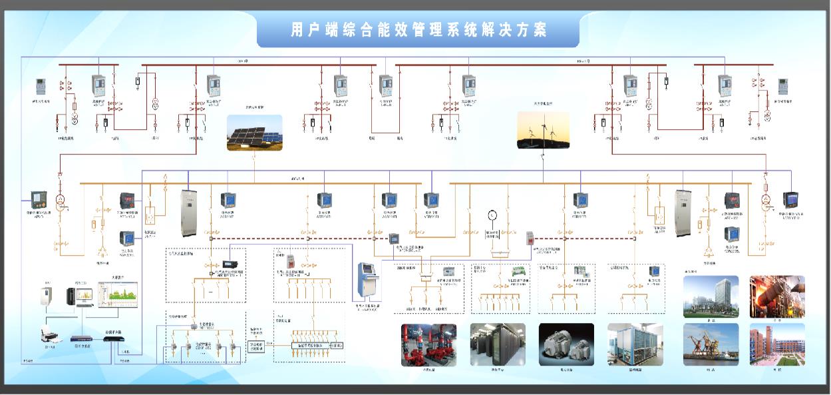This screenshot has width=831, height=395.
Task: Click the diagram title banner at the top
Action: point(418,31)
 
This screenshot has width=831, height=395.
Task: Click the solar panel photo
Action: point(254,132)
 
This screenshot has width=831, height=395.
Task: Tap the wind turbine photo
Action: point(543,130)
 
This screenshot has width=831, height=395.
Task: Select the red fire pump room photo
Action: point(428,345)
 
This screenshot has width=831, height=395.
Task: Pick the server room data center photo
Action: point(498,345)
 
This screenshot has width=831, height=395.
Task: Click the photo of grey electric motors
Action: point(566,345)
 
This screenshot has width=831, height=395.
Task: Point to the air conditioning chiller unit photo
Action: point(635,345)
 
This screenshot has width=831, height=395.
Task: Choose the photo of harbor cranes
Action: point(711,344)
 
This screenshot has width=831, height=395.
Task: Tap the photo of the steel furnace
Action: point(777,296)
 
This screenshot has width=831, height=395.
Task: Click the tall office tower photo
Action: point(711,296)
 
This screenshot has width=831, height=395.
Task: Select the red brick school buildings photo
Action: point(777,344)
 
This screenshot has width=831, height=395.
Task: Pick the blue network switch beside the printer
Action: point(83,338)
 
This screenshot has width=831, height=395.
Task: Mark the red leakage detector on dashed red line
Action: point(530,236)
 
